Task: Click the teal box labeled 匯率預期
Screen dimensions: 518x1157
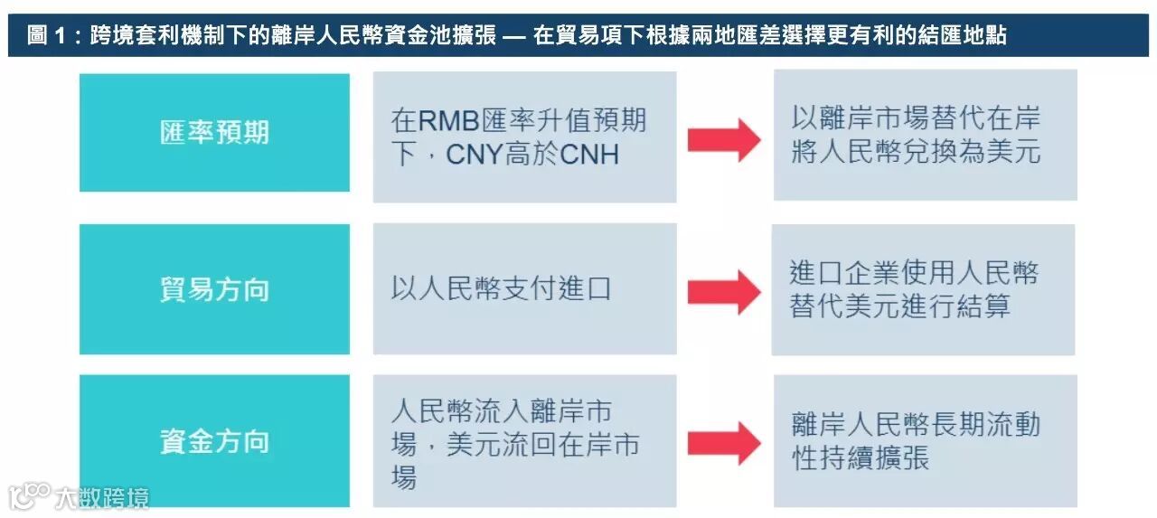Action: click(214, 133)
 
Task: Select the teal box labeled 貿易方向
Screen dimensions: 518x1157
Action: click(214, 289)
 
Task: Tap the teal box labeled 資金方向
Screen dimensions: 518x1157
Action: click(214, 441)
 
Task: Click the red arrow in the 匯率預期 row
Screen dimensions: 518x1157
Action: click(724, 140)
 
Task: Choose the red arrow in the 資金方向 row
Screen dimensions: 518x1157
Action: click(724, 443)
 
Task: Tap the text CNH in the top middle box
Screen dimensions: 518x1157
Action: click(589, 155)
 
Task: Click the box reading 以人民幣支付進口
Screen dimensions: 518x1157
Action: click(524, 289)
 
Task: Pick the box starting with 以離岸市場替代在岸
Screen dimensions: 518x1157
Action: click(924, 135)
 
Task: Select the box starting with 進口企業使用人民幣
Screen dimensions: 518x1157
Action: click(922, 289)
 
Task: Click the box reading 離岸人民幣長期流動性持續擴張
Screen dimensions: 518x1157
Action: click(924, 441)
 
